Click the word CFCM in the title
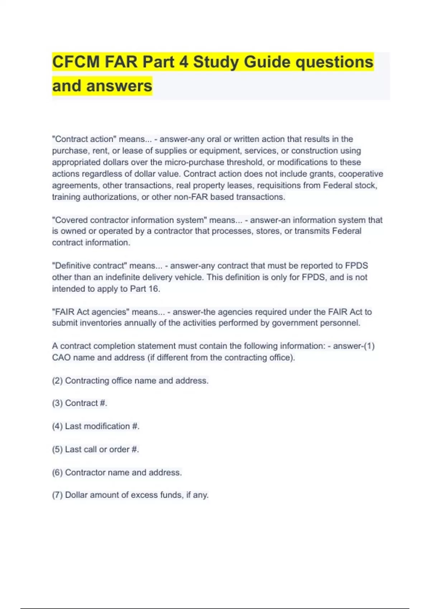tap(76, 62)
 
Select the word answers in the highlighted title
tap(119, 86)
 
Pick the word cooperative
tap(360, 174)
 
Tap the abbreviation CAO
tap(61, 358)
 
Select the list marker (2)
tap(57, 380)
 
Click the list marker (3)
tap(57, 403)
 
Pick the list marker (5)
tap(57, 449)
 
